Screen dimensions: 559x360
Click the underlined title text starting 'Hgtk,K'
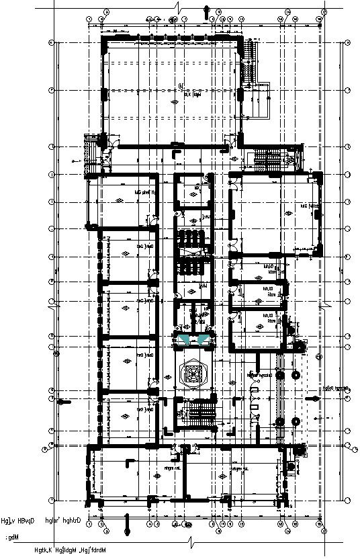(x=71, y=551)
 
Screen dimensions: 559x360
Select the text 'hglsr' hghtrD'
(x=63, y=520)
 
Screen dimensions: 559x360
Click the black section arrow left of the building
(x=64, y=402)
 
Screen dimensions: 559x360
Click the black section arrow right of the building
(x=311, y=399)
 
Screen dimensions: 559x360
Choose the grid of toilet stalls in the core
(x=193, y=252)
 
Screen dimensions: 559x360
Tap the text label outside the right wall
(x=336, y=388)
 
